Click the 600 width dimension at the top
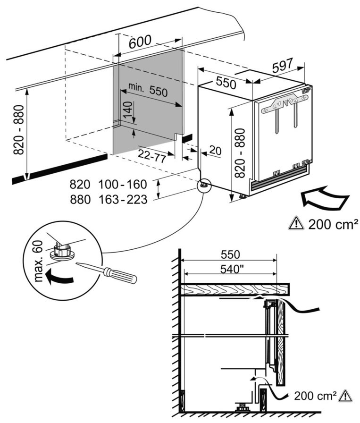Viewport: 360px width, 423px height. pyautogui.click(x=140, y=41)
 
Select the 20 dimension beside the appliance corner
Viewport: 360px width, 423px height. pyautogui.click(x=215, y=150)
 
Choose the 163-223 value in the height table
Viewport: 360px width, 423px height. pyautogui.click(x=123, y=200)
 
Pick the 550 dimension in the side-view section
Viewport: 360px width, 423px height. pyautogui.click(x=230, y=254)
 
